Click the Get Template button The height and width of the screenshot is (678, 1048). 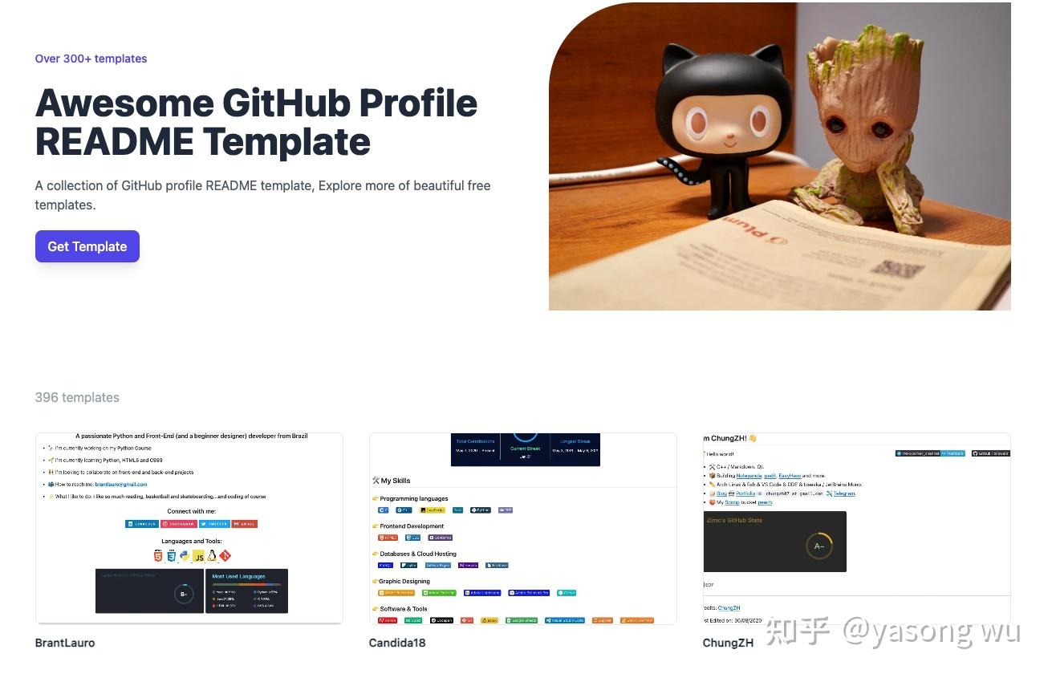click(87, 246)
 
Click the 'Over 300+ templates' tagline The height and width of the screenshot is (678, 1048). click(91, 59)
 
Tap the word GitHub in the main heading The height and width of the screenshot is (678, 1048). click(285, 104)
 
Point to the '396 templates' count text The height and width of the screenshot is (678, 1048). click(77, 397)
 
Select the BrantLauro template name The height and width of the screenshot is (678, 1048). click(65, 643)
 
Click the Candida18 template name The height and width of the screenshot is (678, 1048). click(397, 643)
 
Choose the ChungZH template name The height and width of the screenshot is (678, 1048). click(728, 643)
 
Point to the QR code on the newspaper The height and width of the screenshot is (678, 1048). click(898, 277)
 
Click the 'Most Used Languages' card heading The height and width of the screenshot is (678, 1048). click(238, 576)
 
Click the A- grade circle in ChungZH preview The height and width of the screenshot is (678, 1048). click(818, 546)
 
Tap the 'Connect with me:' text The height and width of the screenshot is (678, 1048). click(191, 511)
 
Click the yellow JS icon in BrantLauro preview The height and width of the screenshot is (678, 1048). click(198, 556)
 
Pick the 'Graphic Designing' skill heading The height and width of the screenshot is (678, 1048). click(404, 581)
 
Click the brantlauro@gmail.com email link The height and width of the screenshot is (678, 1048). click(121, 485)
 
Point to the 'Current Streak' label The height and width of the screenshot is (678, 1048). click(525, 449)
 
